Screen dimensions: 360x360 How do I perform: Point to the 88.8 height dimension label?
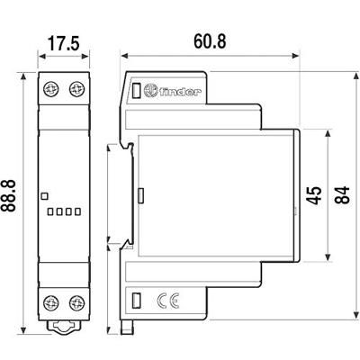(x=13, y=195)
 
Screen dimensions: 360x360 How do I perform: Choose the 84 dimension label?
(x=343, y=196)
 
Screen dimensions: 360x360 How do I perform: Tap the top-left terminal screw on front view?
(x=52, y=89)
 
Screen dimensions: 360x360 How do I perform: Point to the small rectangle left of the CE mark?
(x=139, y=301)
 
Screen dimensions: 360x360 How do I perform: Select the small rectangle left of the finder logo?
(x=138, y=91)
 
